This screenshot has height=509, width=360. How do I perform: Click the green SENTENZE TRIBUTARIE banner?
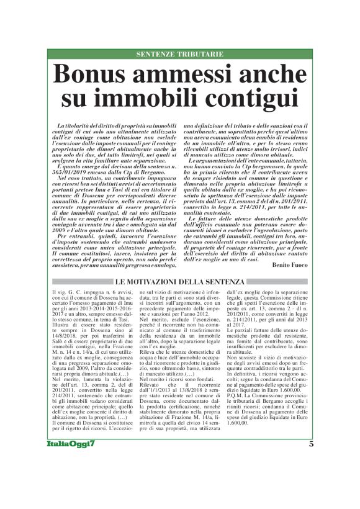click(x=179, y=55)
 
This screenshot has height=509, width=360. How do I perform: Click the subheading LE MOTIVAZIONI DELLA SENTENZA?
click(x=179, y=282)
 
